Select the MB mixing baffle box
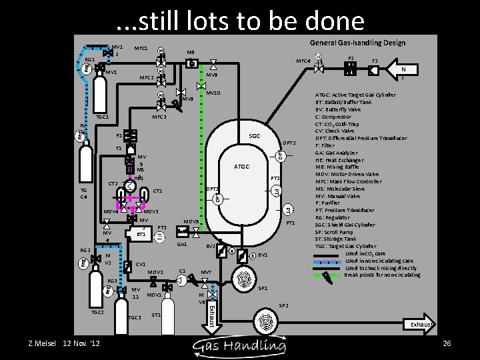191,63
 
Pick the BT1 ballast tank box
139,235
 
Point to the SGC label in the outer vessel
254,135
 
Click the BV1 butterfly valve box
252,257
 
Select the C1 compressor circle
180,281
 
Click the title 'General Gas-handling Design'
357,43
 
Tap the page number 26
447,343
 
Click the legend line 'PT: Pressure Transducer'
348,210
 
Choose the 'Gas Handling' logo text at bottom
239,344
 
